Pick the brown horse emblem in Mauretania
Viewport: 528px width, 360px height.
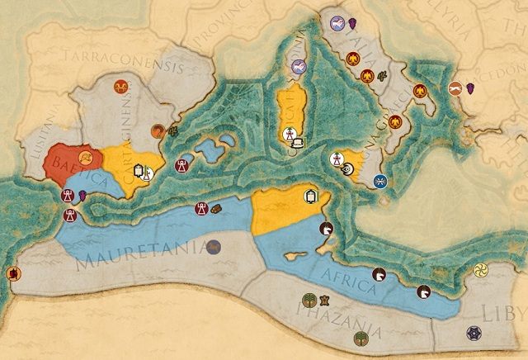[214, 245]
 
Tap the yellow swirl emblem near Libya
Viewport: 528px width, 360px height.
[481, 270]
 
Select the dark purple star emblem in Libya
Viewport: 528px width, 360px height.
[474, 333]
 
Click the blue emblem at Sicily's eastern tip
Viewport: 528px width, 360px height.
[380, 181]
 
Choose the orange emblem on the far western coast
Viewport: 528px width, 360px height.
[13, 273]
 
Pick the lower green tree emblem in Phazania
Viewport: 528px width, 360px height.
[360, 338]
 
